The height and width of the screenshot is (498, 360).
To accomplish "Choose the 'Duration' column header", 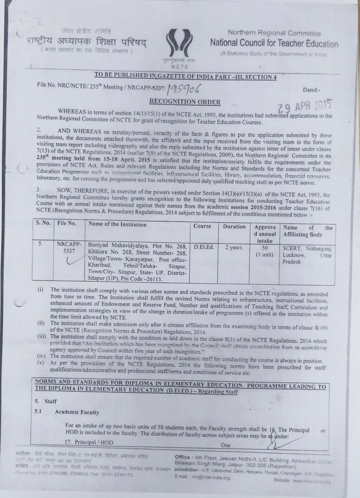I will point(234,226).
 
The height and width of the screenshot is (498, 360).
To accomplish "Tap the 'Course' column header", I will point(202,226).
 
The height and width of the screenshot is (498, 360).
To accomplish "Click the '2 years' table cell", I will point(233,247).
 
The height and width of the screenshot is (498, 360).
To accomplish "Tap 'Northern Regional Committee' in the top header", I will point(274,33).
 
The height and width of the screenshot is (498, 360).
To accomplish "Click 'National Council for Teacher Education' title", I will point(274,44).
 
